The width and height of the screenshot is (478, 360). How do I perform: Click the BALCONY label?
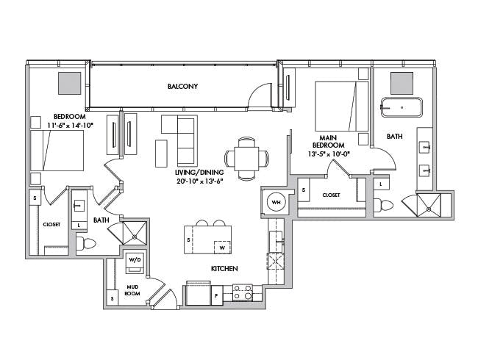182,87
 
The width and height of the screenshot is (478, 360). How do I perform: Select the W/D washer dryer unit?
135,261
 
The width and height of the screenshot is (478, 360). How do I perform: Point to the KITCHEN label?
224,269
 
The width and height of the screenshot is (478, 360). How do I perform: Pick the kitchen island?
208,239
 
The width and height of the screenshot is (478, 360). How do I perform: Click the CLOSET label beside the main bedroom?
331,195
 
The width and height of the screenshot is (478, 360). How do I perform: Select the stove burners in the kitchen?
243,292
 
